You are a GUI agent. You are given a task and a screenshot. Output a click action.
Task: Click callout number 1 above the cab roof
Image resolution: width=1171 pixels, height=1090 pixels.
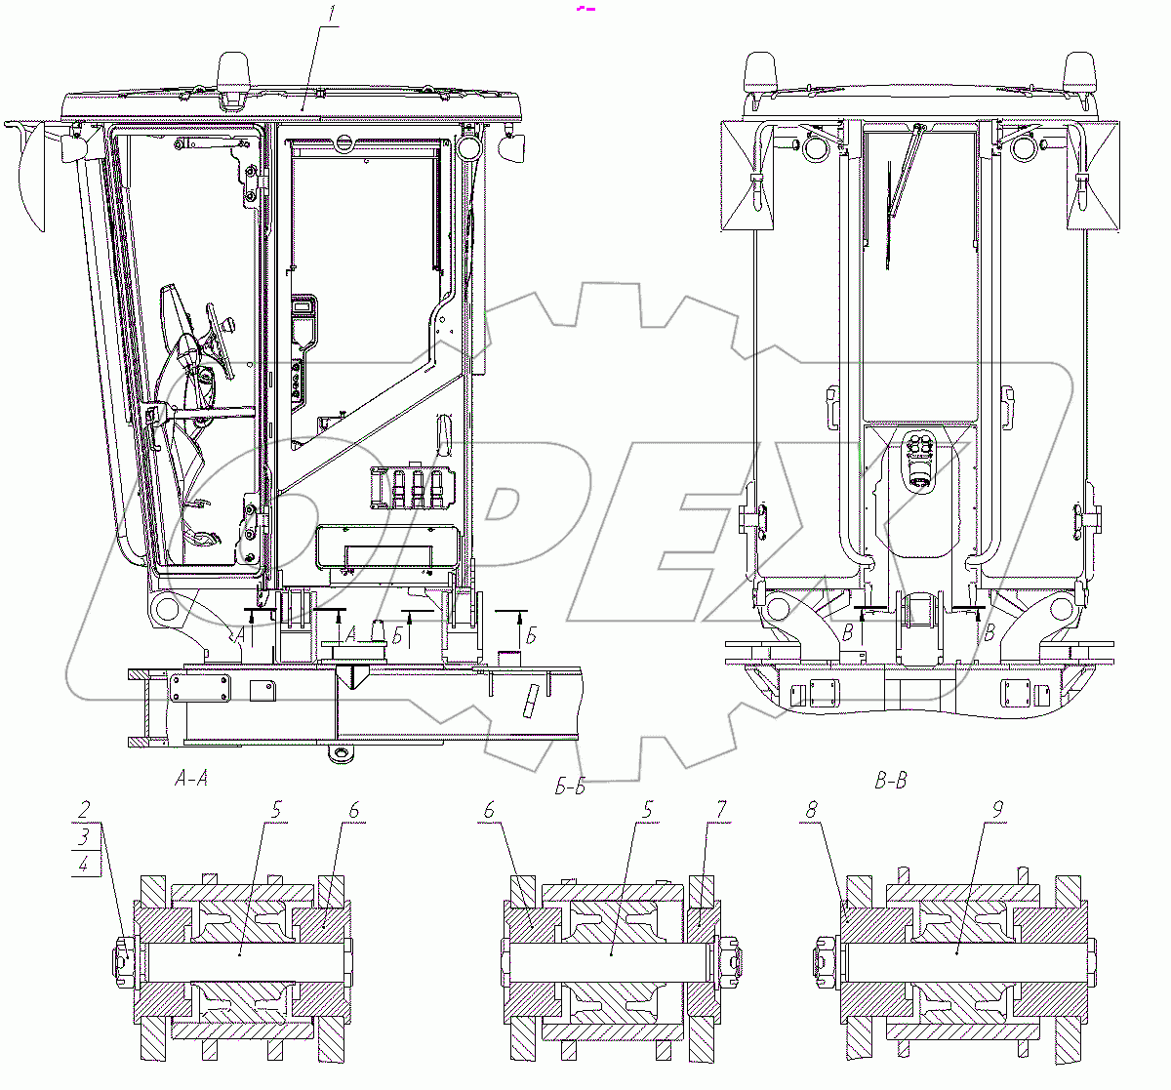332,15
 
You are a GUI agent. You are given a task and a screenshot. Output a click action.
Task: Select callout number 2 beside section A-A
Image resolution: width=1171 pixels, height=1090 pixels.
85,809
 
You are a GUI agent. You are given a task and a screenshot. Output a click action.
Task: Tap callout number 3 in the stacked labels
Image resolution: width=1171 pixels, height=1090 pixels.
84,836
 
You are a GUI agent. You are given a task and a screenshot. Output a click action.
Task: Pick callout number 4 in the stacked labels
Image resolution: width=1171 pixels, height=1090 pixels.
84,865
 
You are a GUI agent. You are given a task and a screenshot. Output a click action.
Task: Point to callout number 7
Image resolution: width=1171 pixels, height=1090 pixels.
722,810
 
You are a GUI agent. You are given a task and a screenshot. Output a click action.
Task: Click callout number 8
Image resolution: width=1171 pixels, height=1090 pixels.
812,810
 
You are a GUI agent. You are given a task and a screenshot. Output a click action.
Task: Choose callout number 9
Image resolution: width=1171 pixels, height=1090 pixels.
997,810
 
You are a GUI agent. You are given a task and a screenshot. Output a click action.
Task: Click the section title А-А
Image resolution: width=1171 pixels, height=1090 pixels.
191,779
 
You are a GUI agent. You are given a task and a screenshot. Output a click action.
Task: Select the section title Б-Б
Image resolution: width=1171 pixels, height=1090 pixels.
570,787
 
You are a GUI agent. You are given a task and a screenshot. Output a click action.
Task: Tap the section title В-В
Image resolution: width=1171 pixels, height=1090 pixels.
891,781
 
